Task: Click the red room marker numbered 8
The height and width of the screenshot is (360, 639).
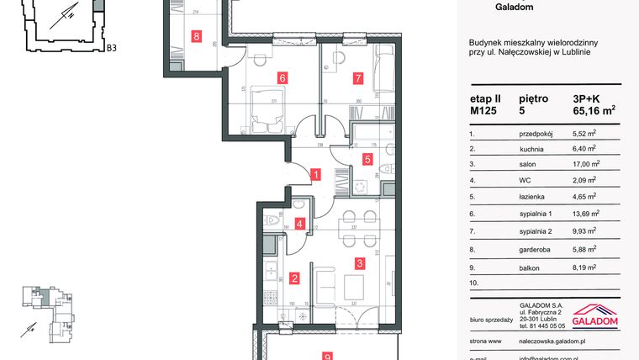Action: (x=197, y=36)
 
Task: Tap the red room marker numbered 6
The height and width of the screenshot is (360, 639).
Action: (x=283, y=78)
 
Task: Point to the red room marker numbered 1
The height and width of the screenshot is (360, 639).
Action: (x=314, y=175)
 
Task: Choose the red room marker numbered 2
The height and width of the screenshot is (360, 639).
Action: (x=294, y=278)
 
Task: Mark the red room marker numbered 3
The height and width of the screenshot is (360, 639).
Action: (x=359, y=263)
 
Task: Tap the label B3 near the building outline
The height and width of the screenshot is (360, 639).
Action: (x=111, y=49)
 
